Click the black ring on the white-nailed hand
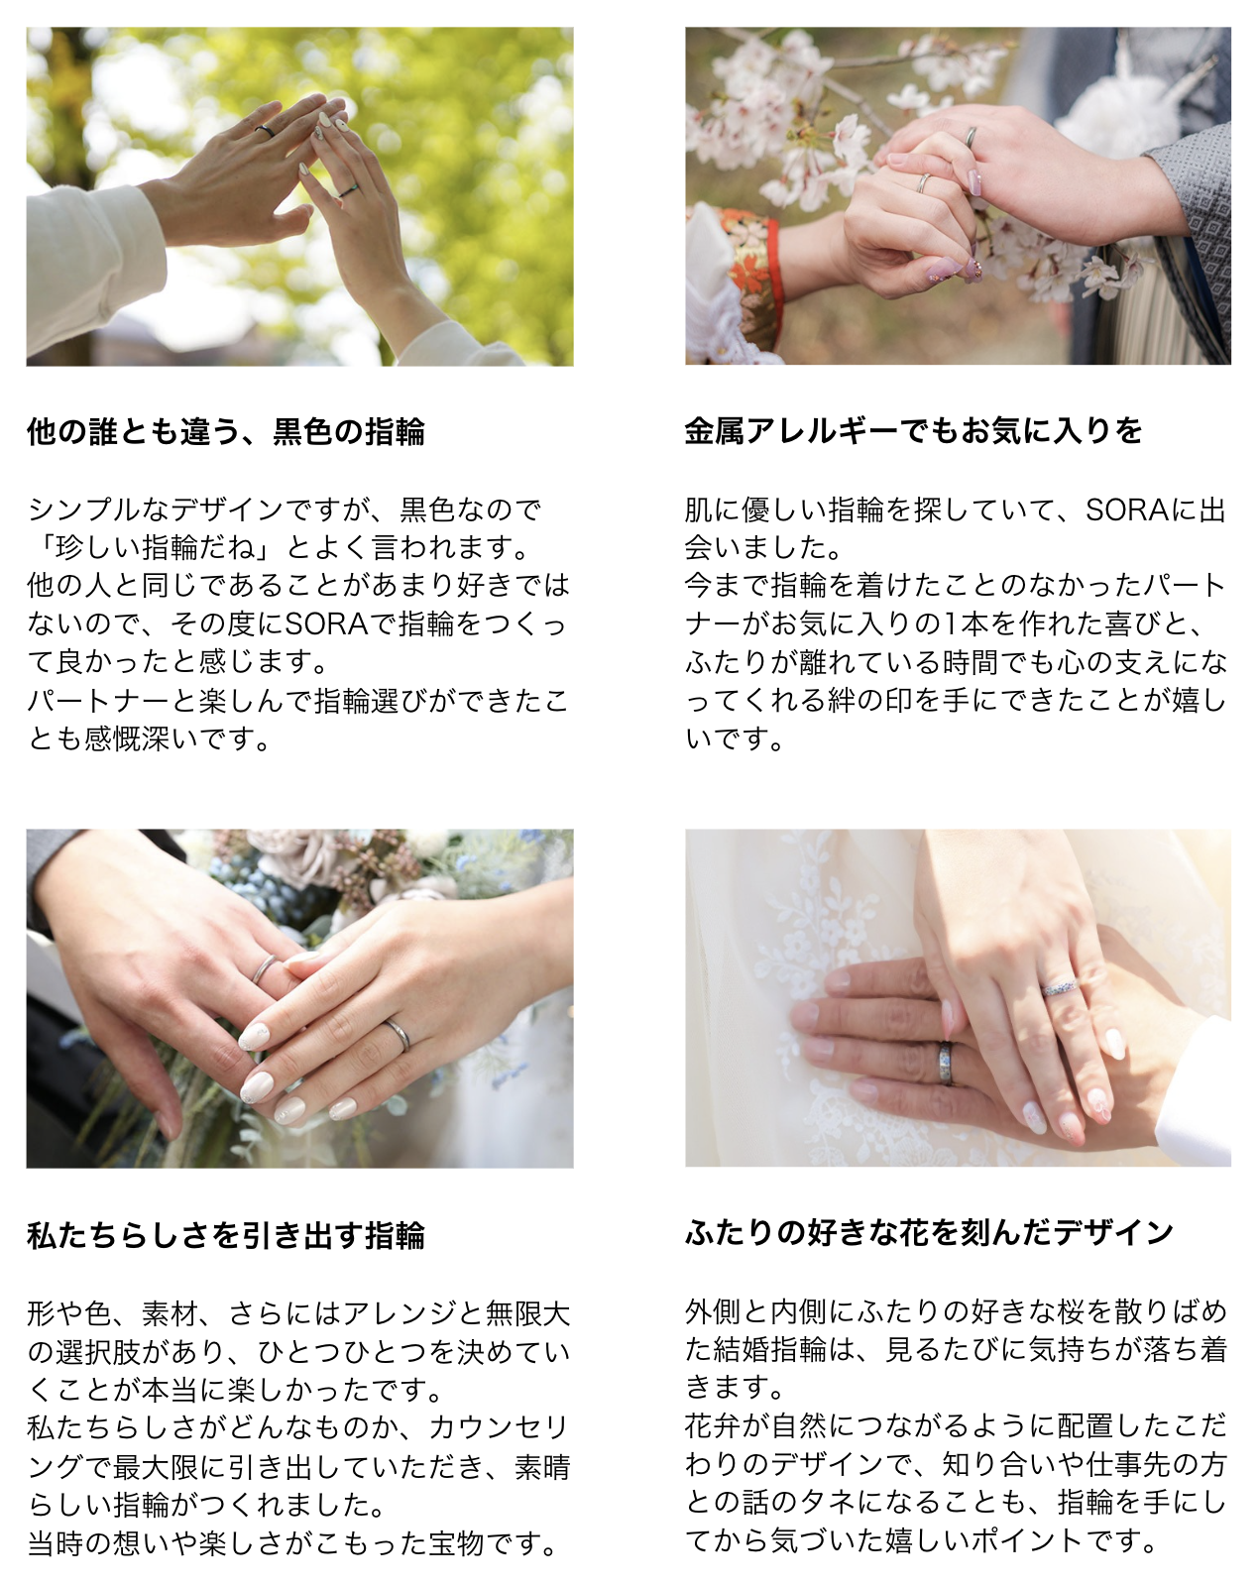pyautogui.click(x=348, y=191)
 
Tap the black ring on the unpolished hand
pyautogui.click(x=266, y=131)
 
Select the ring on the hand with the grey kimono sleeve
pyautogui.click(x=972, y=137)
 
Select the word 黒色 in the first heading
pyautogui.click(x=303, y=432)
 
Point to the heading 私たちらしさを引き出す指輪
pyautogui.click(x=226, y=1236)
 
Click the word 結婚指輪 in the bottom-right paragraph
pyautogui.click(x=770, y=1350)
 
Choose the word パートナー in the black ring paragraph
pyautogui.click(x=99, y=701)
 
